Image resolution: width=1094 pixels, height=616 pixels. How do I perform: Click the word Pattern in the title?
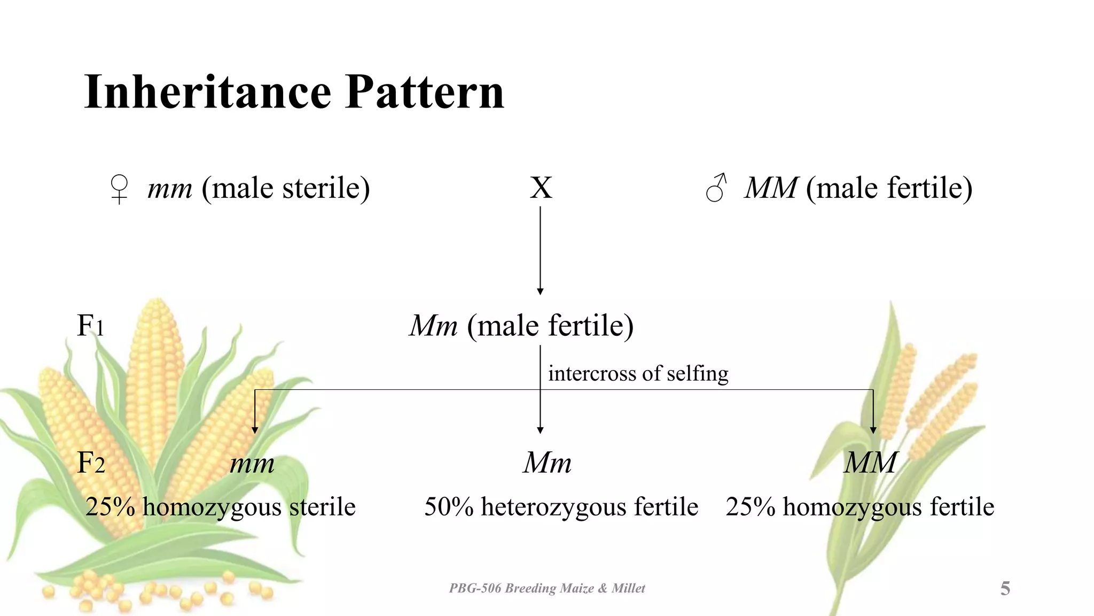point(425,92)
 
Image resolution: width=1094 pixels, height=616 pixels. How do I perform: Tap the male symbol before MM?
point(716,188)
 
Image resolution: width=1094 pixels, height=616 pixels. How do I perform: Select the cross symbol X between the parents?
point(541,188)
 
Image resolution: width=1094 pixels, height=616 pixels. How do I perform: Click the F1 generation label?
point(90,325)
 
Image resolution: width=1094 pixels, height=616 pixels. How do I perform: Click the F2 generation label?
point(91,463)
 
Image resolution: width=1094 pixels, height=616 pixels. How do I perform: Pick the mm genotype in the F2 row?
point(252,464)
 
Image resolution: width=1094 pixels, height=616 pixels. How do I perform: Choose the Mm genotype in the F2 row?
point(547,463)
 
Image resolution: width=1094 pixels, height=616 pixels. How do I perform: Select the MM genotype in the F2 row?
point(870,463)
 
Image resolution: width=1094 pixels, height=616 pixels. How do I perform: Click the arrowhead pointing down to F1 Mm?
point(540,291)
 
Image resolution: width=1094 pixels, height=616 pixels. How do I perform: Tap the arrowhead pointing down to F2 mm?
point(255,430)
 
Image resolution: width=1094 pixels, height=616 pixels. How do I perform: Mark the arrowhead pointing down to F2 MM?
point(873,430)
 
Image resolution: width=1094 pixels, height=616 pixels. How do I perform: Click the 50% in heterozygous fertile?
point(449,507)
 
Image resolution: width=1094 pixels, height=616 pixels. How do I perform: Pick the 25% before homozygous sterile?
point(110,507)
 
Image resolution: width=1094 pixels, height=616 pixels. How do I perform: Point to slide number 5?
point(1005,589)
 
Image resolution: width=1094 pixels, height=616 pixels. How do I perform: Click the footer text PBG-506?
point(474,589)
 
